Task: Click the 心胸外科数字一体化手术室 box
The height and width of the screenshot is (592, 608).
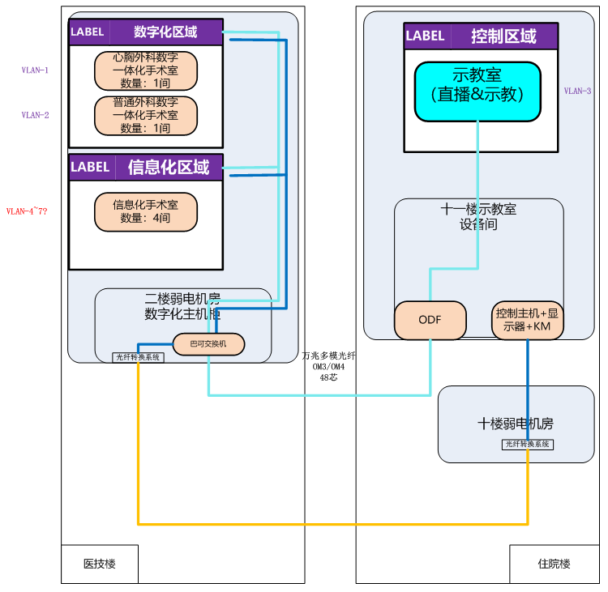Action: click(x=145, y=70)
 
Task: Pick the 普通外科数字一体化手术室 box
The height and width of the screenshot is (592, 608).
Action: click(x=145, y=115)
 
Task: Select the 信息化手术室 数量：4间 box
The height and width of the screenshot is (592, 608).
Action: click(x=145, y=211)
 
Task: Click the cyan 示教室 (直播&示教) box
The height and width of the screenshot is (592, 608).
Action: click(x=477, y=92)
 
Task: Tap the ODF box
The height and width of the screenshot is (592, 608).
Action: click(x=430, y=320)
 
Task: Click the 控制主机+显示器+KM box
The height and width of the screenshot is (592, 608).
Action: click(x=527, y=320)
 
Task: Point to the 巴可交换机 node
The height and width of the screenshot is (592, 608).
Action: click(x=208, y=344)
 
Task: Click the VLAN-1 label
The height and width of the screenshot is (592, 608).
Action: click(x=35, y=70)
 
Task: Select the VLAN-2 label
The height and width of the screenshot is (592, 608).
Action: click(x=35, y=115)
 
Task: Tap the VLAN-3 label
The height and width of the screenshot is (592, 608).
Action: click(x=577, y=92)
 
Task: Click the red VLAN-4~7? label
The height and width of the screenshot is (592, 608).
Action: click(x=27, y=211)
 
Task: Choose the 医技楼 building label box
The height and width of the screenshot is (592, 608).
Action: click(x=100, y=564)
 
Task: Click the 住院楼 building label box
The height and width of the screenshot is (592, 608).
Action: click(x=554, y=564)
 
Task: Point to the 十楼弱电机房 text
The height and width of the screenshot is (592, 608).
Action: click(x=516, y=424)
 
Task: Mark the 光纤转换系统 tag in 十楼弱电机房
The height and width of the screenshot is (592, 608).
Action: click(x=527, y=444)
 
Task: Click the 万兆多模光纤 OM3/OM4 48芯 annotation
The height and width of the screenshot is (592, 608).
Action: click(x=328, y=366)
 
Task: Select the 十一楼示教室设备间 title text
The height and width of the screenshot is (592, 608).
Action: click(x=478, y=217)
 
